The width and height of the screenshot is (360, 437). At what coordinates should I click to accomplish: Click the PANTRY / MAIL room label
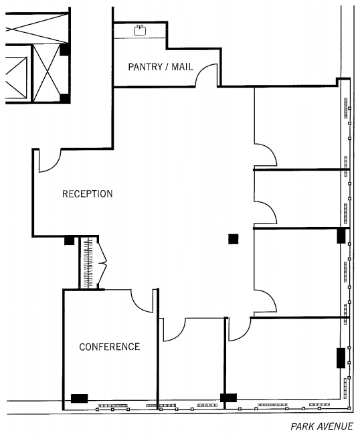161,67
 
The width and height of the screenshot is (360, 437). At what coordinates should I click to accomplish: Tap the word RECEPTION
87,193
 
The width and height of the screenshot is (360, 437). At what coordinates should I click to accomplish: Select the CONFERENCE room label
110,347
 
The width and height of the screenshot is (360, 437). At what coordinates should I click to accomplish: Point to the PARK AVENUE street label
322,426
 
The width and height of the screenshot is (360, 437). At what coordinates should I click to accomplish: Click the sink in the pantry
140,30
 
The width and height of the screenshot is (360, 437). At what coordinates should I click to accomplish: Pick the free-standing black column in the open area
234,239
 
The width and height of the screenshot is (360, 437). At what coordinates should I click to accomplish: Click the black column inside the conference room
79,398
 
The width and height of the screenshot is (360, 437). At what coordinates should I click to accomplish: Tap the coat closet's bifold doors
102,262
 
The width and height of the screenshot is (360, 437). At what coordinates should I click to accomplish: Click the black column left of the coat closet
69,240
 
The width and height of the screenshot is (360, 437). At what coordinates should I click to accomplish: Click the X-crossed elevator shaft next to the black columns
47,74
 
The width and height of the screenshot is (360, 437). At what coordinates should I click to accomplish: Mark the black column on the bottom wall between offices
228,398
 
